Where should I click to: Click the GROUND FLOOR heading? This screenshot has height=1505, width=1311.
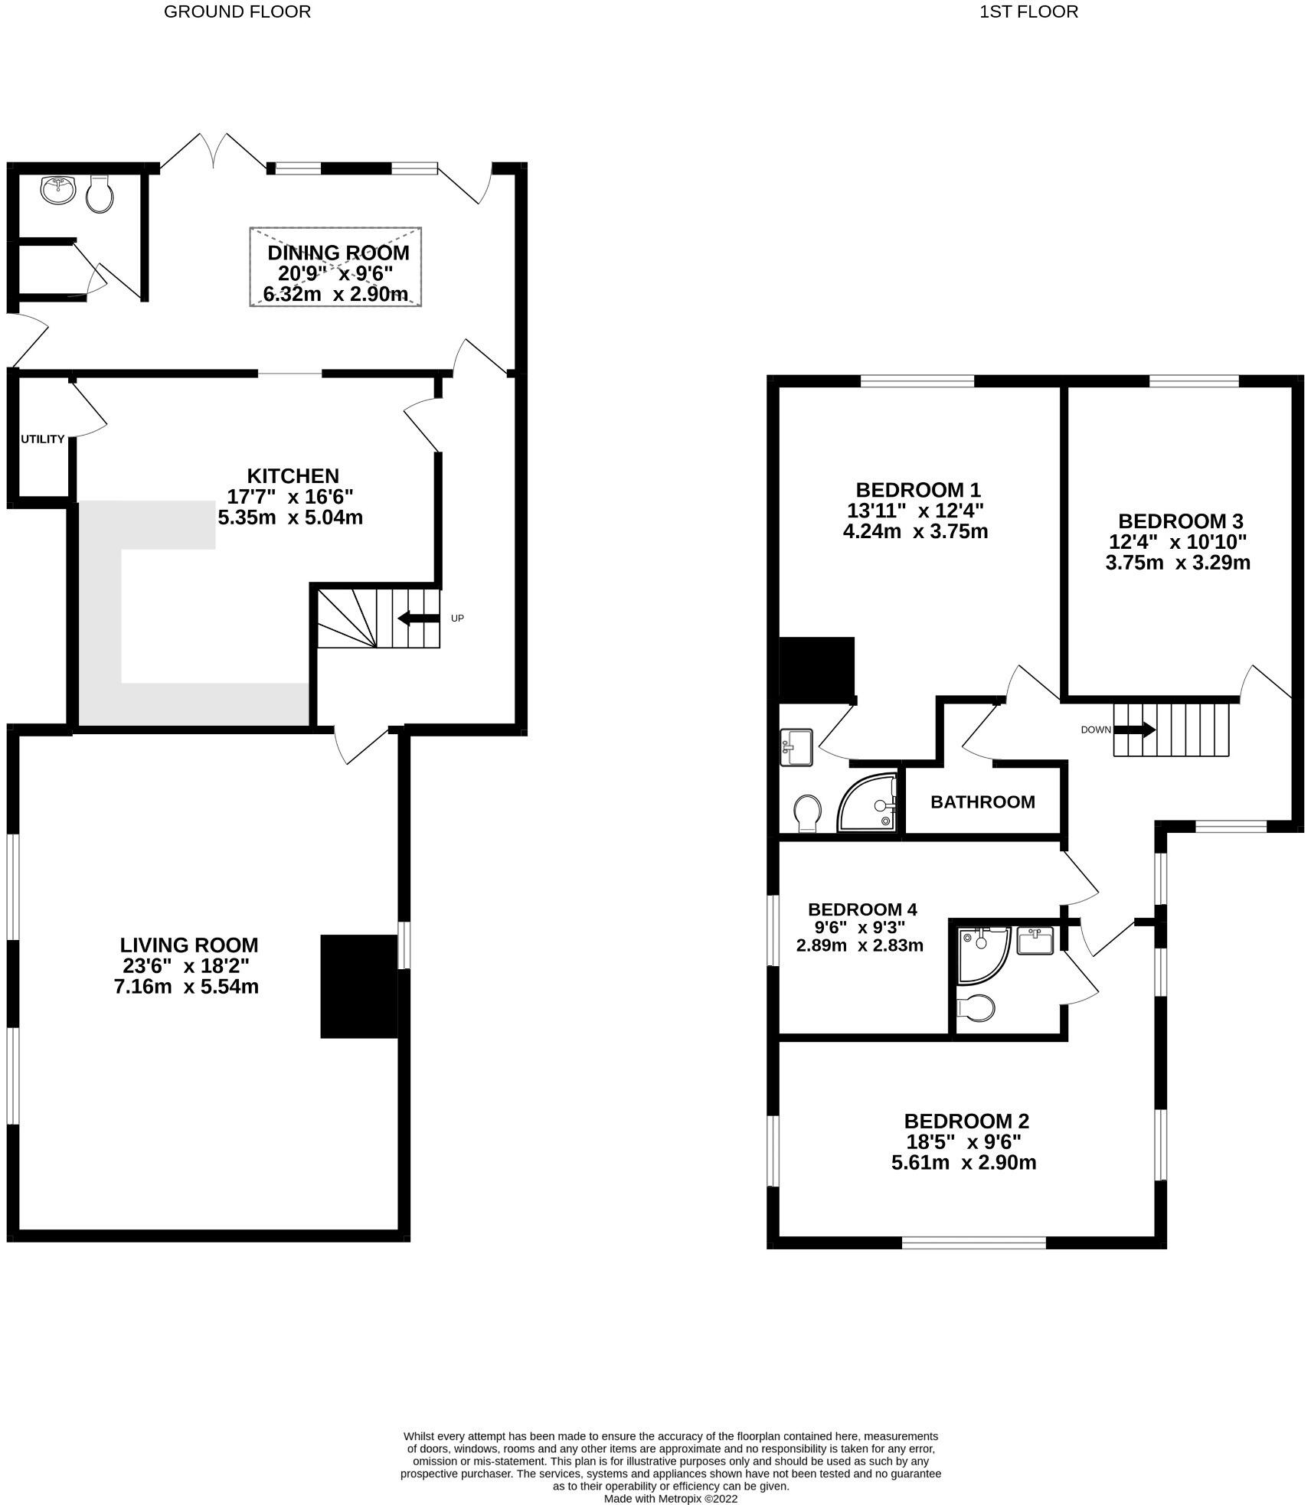click(237, 11)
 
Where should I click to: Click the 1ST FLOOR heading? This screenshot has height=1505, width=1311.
click(1028, 11)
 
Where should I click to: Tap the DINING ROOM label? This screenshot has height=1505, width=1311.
click(338, 253)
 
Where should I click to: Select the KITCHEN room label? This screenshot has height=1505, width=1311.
click(293, 475)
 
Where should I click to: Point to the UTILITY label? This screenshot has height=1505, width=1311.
click(42, 439)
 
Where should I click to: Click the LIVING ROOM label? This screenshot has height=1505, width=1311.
click(189, 945)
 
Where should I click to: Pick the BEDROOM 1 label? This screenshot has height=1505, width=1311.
click(918, 490)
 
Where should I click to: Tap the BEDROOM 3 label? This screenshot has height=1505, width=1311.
click(1180, 521)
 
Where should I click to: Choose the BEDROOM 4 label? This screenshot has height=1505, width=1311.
click(862, 909)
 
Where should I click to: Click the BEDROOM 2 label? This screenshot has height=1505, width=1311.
click(966, 1121)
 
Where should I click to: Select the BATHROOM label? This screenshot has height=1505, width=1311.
click(982, 802)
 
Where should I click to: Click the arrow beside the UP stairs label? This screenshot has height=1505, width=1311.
click(418, 618)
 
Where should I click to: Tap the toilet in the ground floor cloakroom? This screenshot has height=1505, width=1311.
click(100, 194)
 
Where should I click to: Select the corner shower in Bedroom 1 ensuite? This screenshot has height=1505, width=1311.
click(868, 805)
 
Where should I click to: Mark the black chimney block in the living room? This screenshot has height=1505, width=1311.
click(358, 986)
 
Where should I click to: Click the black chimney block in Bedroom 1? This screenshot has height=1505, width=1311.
click(816, 669)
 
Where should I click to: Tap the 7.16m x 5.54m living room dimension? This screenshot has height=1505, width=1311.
click(186, 987)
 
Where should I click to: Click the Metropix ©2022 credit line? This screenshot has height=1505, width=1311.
click(671, 1498)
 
